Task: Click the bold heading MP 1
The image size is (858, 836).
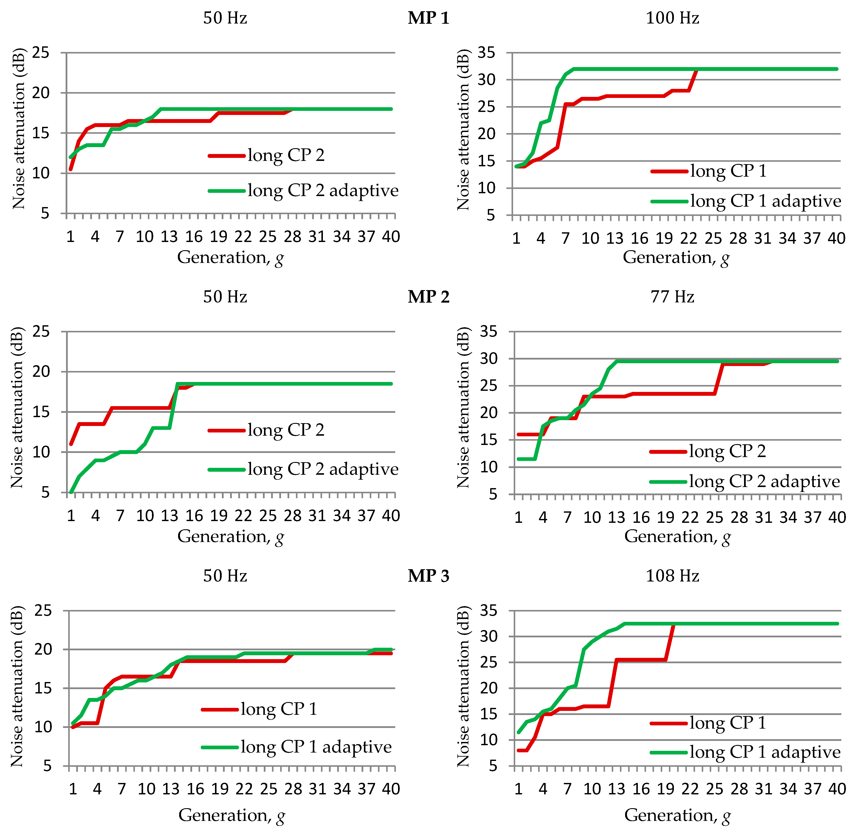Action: (x=428, y=18)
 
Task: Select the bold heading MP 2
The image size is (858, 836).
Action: (x=428, y=297)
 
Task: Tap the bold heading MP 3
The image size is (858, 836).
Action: (x=428, y=576)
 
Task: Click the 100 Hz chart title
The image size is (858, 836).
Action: (x=672, y=18)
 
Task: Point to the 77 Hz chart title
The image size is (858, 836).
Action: (x=672, y=297)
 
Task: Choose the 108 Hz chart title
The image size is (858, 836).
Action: (x=672, y=576)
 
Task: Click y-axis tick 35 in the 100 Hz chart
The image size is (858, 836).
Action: (x=486, y=53)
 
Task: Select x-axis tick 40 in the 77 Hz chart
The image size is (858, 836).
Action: (x=837, y=517)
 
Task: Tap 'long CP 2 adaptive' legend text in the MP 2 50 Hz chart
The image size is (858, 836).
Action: (x=323, y=469)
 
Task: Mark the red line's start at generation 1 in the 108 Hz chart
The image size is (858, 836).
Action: (x=518, y=750)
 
